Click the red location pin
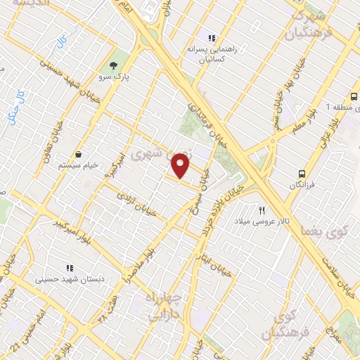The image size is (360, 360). point(181,167)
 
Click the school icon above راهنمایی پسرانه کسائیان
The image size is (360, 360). point(210,37)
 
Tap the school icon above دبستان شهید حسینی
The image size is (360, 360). point(69,268)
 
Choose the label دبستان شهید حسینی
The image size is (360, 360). point(69,280)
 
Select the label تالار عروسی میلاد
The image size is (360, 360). point(262,221)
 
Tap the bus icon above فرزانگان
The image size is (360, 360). point(301,173)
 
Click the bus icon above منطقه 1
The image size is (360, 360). point(354,96)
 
